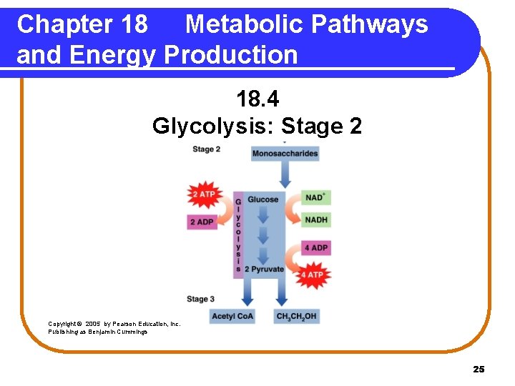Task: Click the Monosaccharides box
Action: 285,154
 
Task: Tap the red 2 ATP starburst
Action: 203,194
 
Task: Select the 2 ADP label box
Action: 202,222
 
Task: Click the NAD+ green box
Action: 315,198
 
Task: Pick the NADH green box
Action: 316,220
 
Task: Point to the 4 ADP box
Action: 316,248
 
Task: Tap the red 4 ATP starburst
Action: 312,274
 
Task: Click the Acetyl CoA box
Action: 232,316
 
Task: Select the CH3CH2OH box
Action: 296,316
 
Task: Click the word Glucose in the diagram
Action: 263,199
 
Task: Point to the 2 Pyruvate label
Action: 264,269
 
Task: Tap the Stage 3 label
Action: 200,299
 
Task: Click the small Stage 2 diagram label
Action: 206,149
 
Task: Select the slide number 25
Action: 479,369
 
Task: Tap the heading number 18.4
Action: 257,98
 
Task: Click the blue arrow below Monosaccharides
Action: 285,174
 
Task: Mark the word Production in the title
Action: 230,55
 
